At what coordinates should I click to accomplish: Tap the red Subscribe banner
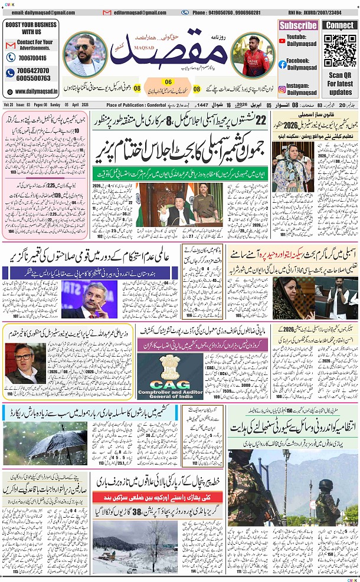click(x=298, y=25)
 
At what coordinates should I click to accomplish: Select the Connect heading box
click(x=341, y=25)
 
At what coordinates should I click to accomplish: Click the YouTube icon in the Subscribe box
click(x=283, y=38)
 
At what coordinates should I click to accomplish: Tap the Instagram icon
click(x=283, y=90)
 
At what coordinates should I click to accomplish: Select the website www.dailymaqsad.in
click(x=36, y=91)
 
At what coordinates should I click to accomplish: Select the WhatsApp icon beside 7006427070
click(x=10, y=74)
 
